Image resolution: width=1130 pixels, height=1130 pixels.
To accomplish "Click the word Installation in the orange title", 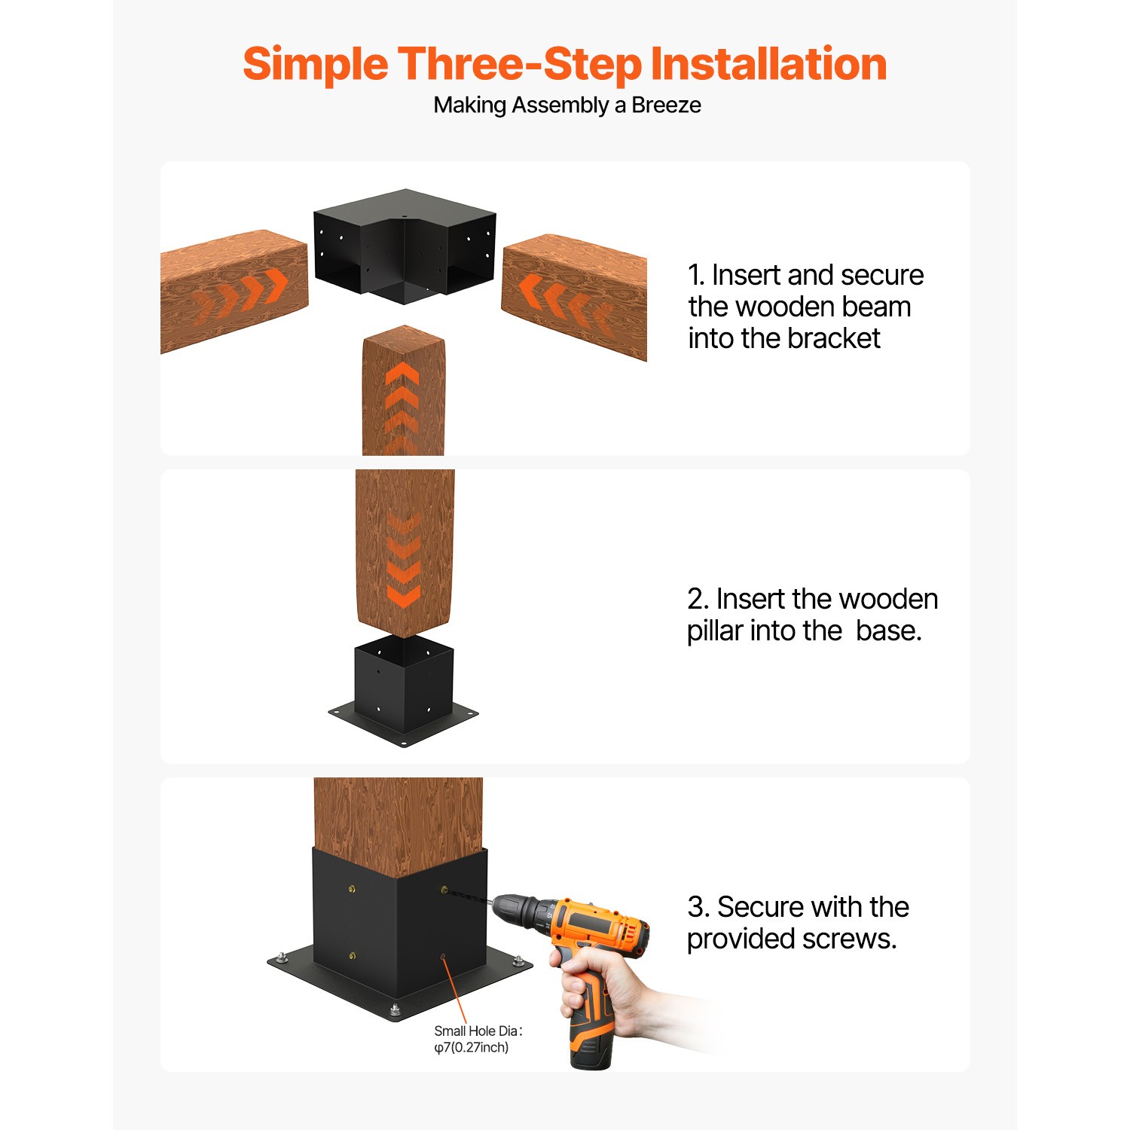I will [x=768, y=64].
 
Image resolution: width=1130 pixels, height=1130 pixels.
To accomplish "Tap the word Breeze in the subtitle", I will [x=666, y=105].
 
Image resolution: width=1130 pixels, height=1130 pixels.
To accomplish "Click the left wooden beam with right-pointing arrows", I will [x=234, y=290].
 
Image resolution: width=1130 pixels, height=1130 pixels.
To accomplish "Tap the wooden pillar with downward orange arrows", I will [x=405, y=550].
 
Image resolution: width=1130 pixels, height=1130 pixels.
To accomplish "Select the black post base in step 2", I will [x=404, y=693].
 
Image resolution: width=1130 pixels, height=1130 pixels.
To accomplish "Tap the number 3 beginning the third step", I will [x=696, y=908].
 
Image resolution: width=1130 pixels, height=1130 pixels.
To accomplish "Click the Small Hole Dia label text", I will [x=478, y=1031].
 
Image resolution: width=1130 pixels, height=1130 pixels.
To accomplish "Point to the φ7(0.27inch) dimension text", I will [x=472, y=1048].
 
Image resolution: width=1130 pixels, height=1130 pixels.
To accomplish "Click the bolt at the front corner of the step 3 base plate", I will [x=395, y=1010].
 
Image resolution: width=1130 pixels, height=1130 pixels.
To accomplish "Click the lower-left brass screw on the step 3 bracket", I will [x=353, y=956].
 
